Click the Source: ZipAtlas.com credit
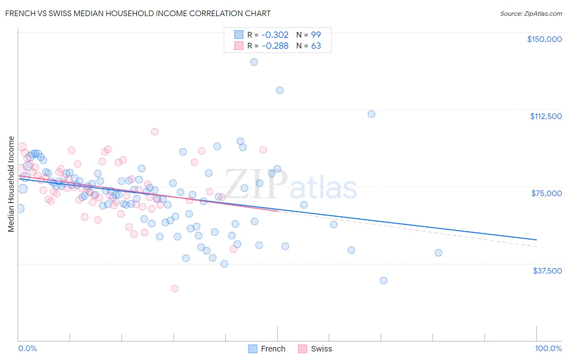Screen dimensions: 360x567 [531, 13]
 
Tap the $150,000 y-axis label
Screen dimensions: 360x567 [544, 39]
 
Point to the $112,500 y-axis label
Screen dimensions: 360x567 [546, 116]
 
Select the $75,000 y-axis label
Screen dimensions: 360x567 [546, 193]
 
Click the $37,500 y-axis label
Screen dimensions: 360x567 [547, 271]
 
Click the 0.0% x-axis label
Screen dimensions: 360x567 [27, 348]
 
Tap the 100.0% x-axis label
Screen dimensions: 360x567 [548, 348]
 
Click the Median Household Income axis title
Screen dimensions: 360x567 [11, 184]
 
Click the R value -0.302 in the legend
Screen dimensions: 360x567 [275, 35]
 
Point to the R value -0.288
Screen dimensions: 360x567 [275, 46]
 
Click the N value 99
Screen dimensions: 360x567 [316, 35]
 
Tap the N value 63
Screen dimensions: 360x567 [316, 46]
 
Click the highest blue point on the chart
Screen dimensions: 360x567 [254, 62]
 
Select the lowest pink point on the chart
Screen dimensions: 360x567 [175, 289]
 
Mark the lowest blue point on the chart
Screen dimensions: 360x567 [384, 280]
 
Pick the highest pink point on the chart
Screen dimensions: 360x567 [154, 132]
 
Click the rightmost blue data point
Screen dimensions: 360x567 [438, 253]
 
